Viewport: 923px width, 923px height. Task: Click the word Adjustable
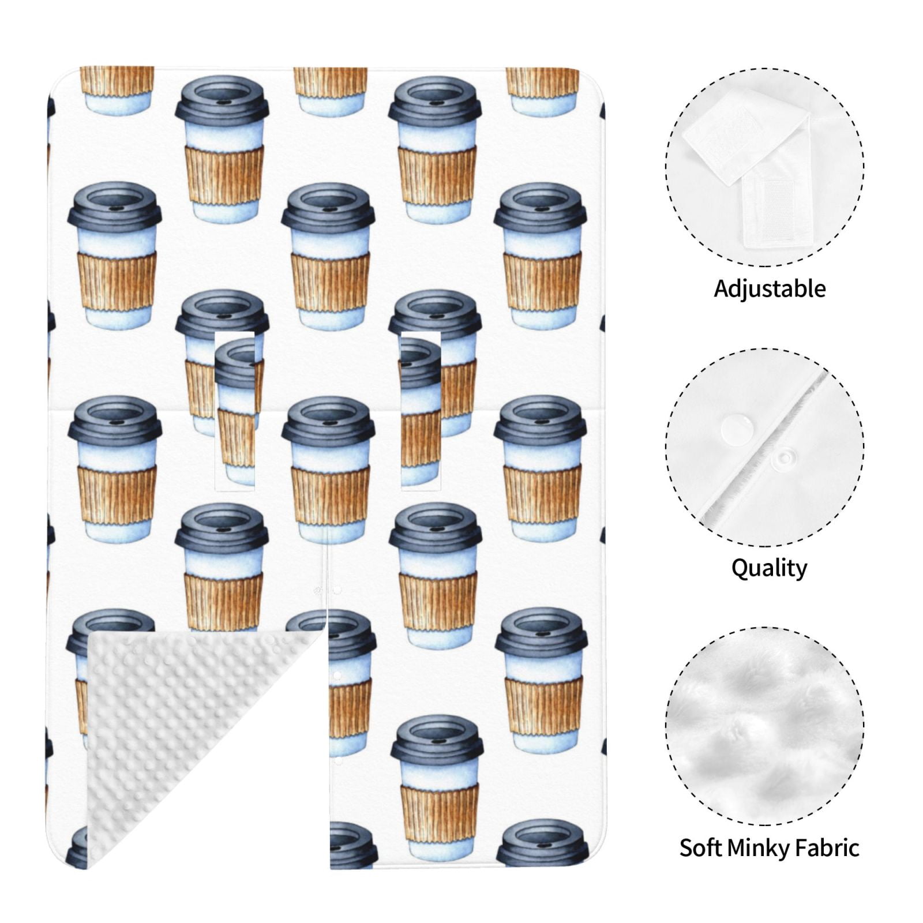click(x=770, y=288)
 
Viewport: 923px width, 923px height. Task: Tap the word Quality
click(x=769, y=568)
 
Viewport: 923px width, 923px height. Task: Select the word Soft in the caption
click(x=700, y=847)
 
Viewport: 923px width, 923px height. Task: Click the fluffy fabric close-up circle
click(x=765, y=724)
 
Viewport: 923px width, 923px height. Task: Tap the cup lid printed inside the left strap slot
click(x=235, y=361)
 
